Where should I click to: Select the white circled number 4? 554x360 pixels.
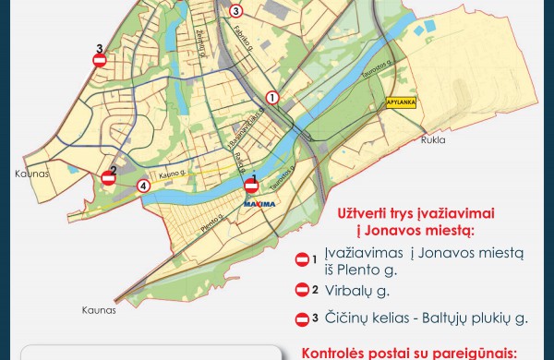(x=143, y=186)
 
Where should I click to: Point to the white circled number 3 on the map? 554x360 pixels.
(x=236, y=11)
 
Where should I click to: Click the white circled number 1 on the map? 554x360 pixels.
(x=272, y=97)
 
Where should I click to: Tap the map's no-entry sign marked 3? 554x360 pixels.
(x=100, y=61)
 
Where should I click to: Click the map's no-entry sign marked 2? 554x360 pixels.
(x=109, y=180)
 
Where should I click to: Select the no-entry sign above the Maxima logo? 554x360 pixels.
(x=250, y=186)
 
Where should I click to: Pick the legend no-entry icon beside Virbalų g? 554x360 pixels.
(x=302, y=290)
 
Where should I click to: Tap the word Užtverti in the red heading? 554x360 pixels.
(x=369, y=211)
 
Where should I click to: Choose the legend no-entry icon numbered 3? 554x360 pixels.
(x=302, y=319)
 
